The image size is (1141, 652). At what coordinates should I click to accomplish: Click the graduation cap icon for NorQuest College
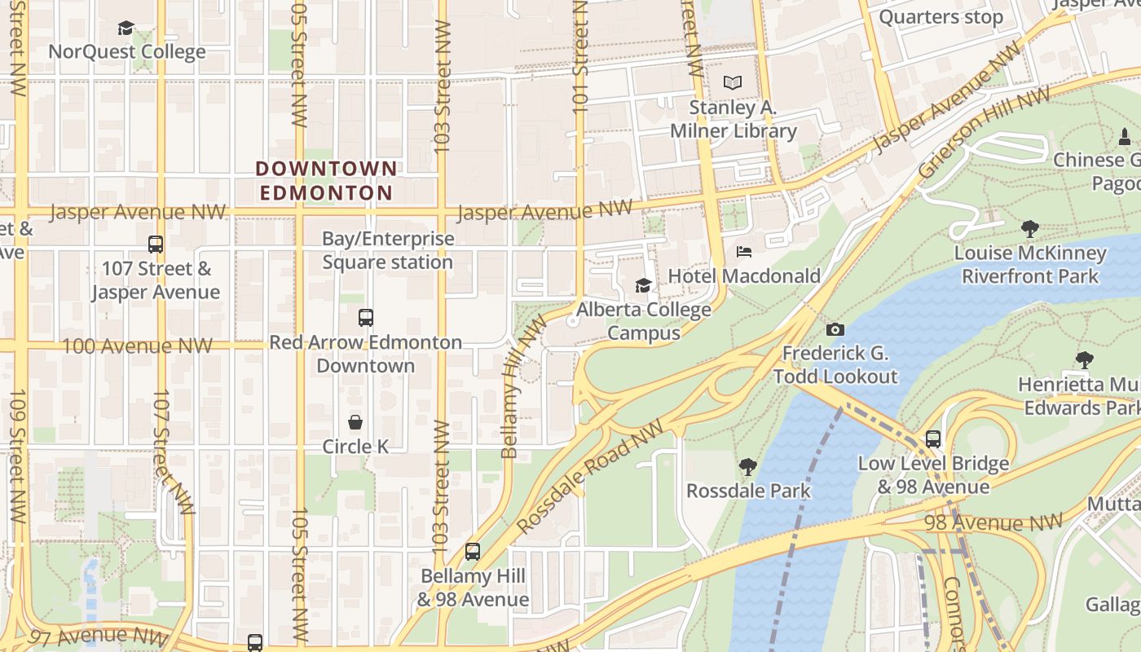pyautogui.click(x=126, y=29)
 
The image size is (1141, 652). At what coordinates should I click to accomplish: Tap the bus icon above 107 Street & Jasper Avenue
pyautogui.click(x=155, y=244)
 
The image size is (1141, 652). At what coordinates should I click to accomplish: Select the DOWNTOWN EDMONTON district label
pyautogui.click(x=326, y=181)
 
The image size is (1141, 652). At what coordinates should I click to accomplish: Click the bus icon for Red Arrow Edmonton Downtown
pyautogui.click(x=366, y=318)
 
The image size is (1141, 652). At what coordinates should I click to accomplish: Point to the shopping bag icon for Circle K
pyautogui.click(x=355, y=422)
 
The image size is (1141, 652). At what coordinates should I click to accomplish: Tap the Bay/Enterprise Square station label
pyautogui.click(x=387, y=251)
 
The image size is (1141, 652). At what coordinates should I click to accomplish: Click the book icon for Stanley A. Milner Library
pyautogui.click(x=733, y=82)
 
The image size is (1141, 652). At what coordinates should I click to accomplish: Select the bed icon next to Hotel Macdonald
pyautogui.click(x=743, y=252)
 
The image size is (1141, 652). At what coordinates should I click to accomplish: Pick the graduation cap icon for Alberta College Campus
pyautogui.click(x=643, y=285)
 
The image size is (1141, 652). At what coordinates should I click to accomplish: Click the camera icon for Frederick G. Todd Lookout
pyautogui.click(x=835, y=329)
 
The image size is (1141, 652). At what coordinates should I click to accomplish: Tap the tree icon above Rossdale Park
pyautogui.click(x=747, y=466)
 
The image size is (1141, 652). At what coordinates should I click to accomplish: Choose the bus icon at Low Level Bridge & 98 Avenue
pyautogui.click(x=933, y=439)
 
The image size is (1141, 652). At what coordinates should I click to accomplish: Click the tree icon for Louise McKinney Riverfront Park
pyautogui.click(x=1029, y=229)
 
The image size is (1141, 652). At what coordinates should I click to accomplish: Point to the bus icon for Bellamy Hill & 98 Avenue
pyautogui.click(x=473, y=551)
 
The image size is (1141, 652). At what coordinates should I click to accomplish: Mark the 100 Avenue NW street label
pyautogui.click(x=137, y=346)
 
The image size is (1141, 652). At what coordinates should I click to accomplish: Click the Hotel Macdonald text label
pyautogui.click(x=744, y=276)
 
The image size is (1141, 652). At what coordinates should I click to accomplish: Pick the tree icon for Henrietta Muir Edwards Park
pyautogui.click(x=1084, y=360)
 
